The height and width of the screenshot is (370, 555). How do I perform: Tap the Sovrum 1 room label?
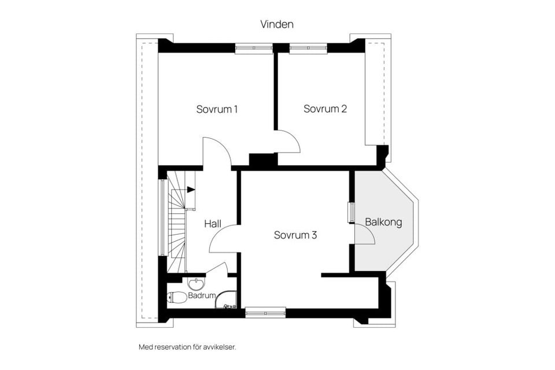coord(217,109)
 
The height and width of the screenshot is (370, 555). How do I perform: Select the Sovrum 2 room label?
coord(325,109)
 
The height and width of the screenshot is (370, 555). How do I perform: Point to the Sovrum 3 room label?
coord(295,235)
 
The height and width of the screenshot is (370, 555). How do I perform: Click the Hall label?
coord(213,223)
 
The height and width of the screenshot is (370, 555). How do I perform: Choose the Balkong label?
coord(383,222)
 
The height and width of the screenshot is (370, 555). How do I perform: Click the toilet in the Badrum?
coord(176,298)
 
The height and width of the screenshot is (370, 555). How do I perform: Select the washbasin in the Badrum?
coord(195,284)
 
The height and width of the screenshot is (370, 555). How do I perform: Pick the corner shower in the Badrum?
coord(226,299)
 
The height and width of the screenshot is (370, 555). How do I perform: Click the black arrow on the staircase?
coord(190,189)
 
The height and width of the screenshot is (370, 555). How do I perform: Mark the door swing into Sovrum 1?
coord(216,151)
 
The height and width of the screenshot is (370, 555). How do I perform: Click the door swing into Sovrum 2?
coord(287,142)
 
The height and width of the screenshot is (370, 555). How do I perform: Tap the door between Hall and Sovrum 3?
coord(223,238)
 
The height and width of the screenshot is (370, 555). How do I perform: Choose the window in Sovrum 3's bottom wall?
coord(265,312)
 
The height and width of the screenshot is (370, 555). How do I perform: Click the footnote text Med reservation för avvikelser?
coord(187,347)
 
